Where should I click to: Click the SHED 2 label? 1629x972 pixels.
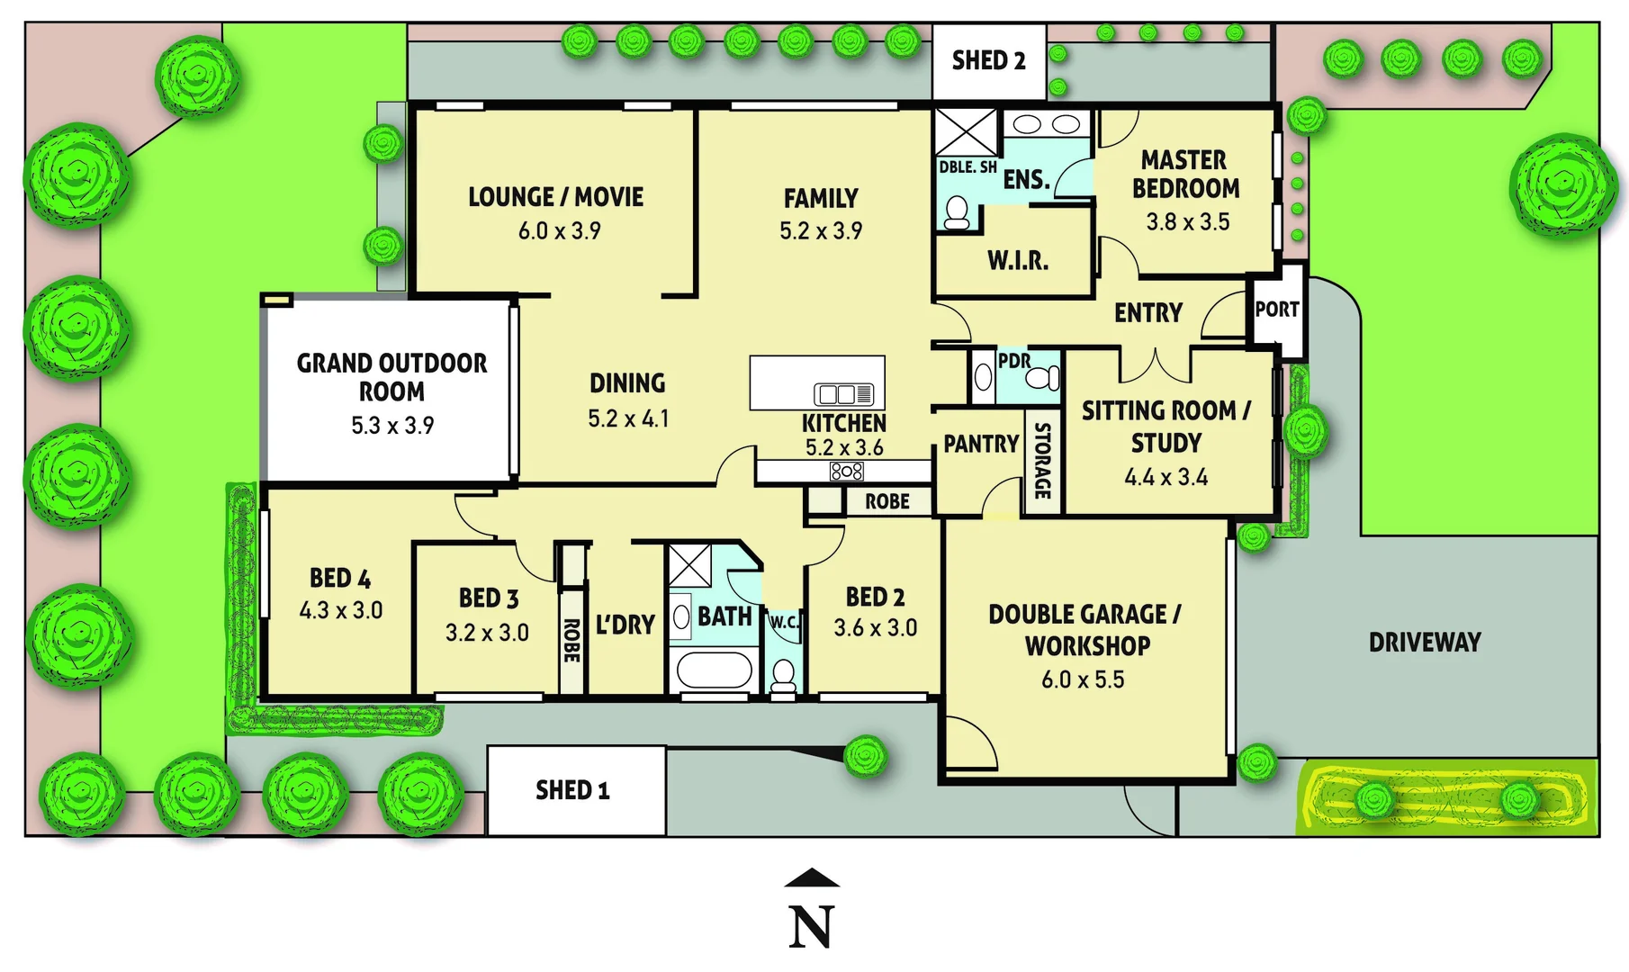pos(988,61)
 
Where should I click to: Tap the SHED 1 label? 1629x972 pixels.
pos(572,790)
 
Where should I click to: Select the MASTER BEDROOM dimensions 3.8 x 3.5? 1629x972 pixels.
pos(1187,221)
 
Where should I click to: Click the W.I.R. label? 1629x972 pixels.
pos(1018,261)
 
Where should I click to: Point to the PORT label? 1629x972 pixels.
pos(1277,310)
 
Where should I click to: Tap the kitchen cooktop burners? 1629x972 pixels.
pos(846,471)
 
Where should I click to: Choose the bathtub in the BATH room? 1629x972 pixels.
pos(714,670)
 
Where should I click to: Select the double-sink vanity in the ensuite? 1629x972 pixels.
pos(1046,124)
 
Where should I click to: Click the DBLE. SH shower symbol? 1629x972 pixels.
pos(966,132)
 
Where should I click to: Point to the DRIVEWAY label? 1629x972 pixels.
pos(1425,643)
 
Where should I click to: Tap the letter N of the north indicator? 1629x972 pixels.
pos(811,927)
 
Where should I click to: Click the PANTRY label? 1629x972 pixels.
pos(980,444)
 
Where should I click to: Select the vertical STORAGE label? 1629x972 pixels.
pos(1042,460)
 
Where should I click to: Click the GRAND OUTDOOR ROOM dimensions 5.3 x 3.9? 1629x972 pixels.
pos(392,425)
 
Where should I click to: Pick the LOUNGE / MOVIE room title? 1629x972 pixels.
pos(555,197)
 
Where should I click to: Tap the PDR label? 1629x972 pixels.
pos(1013,361)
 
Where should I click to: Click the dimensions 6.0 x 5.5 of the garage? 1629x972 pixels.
pos(1083,679)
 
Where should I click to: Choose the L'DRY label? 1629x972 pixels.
pos(625,625)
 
